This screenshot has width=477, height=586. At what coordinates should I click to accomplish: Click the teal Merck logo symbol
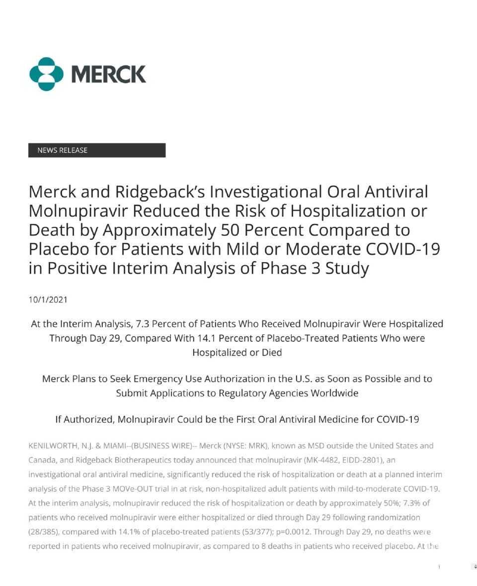click(47, 74)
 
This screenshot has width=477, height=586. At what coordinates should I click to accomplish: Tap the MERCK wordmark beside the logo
click(109, 74)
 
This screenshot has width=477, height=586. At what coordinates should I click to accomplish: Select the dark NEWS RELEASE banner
click(97, 150)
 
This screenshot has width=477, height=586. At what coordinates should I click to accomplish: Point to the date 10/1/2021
click(48, 299)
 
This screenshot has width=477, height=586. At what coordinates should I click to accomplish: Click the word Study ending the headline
click(347, 269)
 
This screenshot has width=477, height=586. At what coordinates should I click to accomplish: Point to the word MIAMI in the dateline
click(102, 446)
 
